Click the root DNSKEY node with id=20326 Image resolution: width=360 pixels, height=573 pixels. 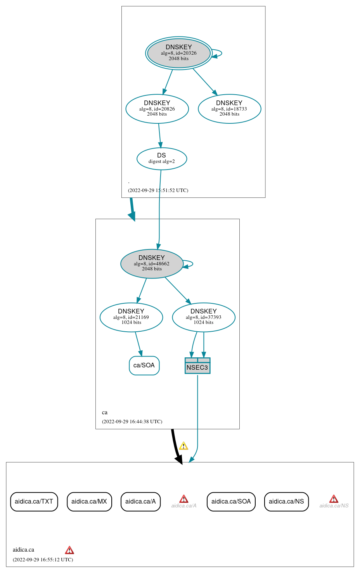click(x=178, y=53)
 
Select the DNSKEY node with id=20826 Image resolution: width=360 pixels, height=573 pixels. click(x=157, y=109)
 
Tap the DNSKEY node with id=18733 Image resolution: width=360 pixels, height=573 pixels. click(x=229, y=109)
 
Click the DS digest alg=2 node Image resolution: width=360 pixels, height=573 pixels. click(x=162, y=159)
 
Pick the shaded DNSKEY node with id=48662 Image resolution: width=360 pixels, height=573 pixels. click(x=152, y=263)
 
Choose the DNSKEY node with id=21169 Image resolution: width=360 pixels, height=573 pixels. click(x=131, y=317)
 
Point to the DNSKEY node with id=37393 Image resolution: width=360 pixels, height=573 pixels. click(x=204, y=317)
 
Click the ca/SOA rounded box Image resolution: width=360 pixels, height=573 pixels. click(x=144, y=365)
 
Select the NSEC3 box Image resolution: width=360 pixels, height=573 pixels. click(x=197, y=366)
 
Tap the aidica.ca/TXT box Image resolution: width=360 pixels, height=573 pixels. click(x=34, y=502)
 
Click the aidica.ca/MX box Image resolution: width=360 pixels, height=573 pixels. click(x=89, y=502)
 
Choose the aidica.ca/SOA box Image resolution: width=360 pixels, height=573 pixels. click(x=231, y=502)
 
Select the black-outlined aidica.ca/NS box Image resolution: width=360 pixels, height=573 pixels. click(x=286, y=502)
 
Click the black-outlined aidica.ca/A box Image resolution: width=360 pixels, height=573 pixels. click(x=140, y=502)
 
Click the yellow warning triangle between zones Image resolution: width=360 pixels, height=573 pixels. click(x=183, y=446)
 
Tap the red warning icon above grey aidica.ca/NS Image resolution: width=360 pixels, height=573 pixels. click(x=334, y=499)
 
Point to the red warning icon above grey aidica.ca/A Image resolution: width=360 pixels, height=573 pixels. click(x=184, y=499)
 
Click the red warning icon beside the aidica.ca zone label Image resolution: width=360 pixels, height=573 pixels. click(x=69, y=550)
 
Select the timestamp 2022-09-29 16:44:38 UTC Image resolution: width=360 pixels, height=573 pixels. click(x=132, y=421)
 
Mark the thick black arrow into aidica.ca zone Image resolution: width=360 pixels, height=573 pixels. click(x=175, y=446)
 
